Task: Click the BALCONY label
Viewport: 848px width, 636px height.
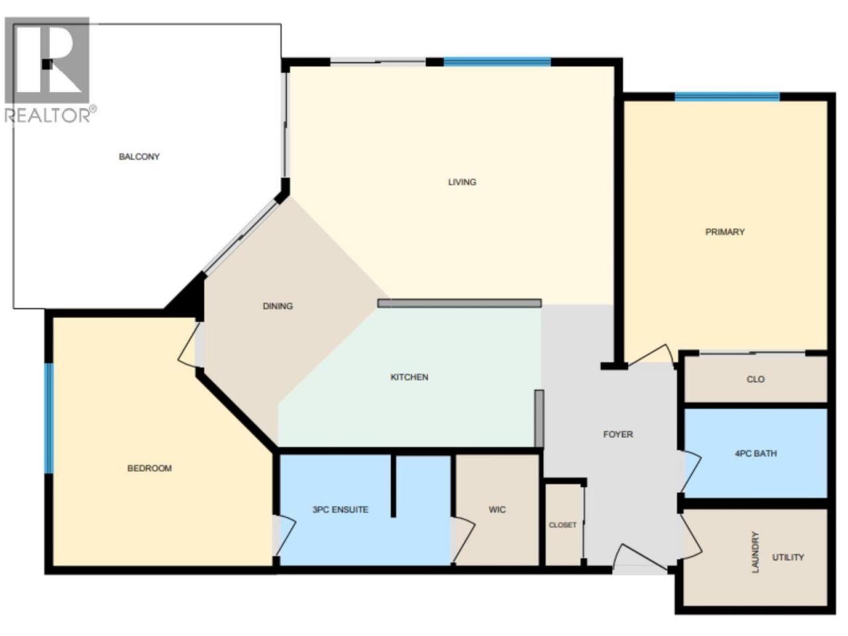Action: coord(139,157)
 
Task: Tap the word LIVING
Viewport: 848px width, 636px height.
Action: coord(462,182)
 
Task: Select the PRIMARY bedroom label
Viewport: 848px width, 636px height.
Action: coord(725,232)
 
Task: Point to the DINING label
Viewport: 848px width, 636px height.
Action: coord(278,306)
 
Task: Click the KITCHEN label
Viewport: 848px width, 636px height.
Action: coord(409,377)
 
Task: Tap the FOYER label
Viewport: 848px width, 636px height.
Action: coord(618,435)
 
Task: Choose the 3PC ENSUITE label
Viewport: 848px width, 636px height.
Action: coord(341,509)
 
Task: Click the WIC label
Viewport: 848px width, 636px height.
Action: coord(498,509)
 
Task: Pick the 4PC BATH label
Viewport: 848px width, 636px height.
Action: coord(756,453)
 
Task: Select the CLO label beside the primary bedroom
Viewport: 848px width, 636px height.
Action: coord(756,379)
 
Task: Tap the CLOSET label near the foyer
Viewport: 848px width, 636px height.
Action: coord(563,525)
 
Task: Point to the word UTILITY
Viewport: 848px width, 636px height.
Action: coord(788,557)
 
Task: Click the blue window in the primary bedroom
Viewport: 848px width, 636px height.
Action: coord(727,97)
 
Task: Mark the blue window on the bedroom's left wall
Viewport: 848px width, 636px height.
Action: coord(48,418)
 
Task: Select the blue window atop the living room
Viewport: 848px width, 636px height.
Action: coord(498,62)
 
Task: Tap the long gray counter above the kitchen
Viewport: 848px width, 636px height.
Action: coord(460,303)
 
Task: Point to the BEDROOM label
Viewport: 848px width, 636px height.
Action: coord(150,468)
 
